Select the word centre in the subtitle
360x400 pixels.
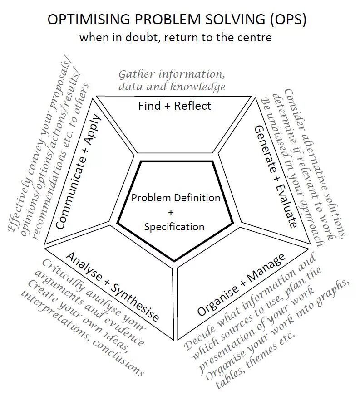point(255,37)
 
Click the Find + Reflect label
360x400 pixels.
point(175,106)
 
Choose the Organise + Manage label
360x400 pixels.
point(242,284)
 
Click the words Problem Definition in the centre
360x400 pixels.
point(175,198)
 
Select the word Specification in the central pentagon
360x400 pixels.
point(174,227)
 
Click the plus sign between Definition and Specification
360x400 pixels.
point(171,212)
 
